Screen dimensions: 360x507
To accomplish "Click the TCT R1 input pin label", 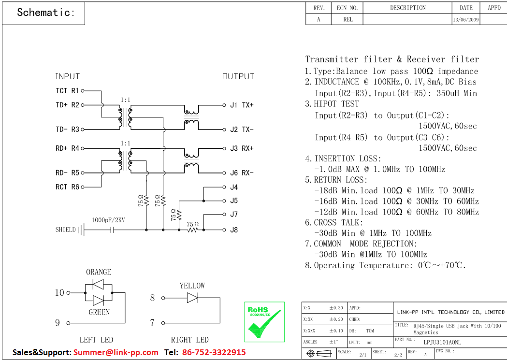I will pos(67,90).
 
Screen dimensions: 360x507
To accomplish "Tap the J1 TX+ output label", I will pos(242,105).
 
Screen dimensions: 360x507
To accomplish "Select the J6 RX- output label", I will pos(242,173).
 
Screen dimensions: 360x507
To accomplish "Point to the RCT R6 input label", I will pos(67,187).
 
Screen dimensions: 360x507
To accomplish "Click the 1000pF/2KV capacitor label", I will pos(109,220).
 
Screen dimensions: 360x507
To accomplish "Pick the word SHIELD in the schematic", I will pos(66,230).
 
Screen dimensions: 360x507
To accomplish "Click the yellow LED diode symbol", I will pos(192,298).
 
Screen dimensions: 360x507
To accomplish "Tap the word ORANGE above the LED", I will pos(99,272).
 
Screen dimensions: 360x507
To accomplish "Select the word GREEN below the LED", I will pos(99,312).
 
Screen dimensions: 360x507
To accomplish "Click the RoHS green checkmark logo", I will pos(264,322).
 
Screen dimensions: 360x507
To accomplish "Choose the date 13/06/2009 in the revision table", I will pos(466,20).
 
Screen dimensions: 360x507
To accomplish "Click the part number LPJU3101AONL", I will pos(442,342).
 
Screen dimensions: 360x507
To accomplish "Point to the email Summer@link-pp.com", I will pos(116,352).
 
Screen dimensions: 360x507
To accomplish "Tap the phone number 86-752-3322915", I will pos(214,352).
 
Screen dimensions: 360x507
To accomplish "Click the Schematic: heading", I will pos(46,13).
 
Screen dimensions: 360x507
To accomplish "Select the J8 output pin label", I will pos(234,230).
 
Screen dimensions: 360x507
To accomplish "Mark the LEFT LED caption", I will pos(96,340).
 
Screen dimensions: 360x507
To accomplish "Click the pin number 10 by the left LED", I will pos(59,292).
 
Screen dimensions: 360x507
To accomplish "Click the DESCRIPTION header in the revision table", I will pos(408,8).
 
